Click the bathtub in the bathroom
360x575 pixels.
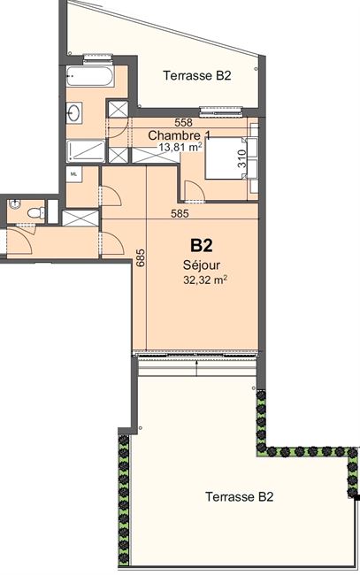90,76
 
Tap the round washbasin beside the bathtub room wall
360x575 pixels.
74,111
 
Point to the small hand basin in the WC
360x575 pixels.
15,203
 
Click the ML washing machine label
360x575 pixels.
73,174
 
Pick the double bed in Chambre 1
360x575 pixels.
226,158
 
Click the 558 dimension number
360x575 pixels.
183,122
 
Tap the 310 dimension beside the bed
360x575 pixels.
242,158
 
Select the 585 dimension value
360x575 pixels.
180,213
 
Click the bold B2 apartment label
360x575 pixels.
202,245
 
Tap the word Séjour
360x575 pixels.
202,264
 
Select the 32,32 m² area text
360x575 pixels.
205,280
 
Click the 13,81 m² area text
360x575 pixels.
180,148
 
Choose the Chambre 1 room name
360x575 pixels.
180,135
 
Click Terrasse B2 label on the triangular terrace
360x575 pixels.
197,75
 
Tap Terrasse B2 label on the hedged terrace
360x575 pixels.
240,497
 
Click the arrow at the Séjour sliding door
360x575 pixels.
197,368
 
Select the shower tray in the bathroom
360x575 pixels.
86,150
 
